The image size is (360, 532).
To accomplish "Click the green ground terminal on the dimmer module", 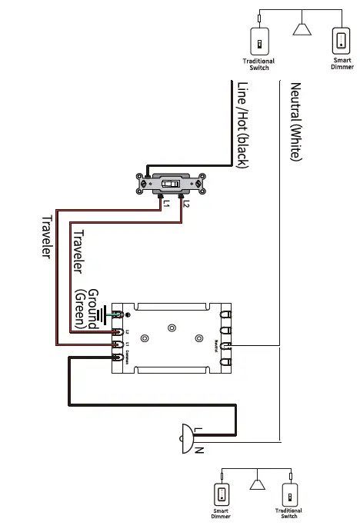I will [117, 314].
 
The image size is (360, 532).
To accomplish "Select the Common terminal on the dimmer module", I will [118, 358].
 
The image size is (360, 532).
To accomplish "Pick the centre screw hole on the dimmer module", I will [172, 328].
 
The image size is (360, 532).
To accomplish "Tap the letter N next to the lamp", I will [198, 449].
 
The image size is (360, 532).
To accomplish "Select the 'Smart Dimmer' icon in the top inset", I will [341, 41].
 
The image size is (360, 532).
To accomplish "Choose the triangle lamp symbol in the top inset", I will [302, 28].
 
